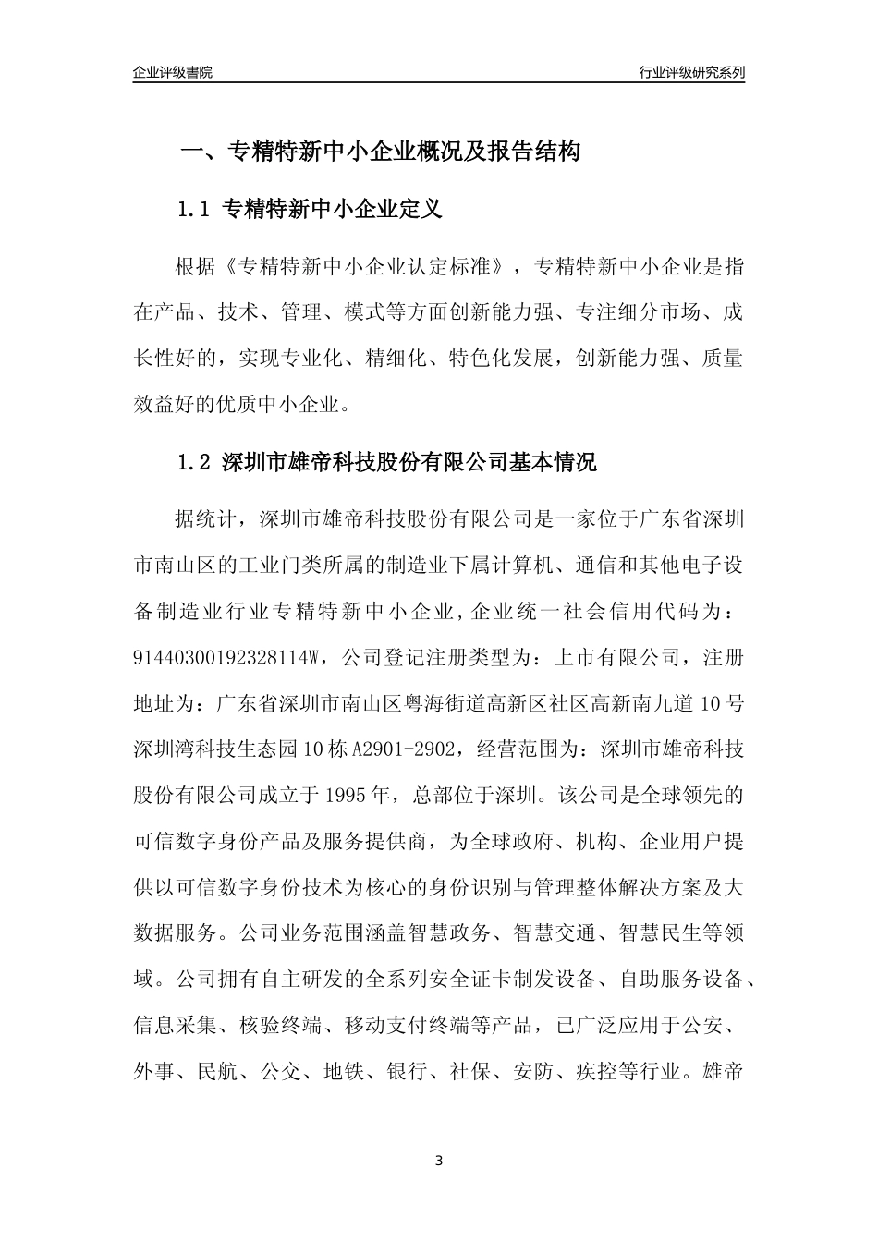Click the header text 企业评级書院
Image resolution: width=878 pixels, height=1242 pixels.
click(x=173, y=72)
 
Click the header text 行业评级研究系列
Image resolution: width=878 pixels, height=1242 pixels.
click(x=691, y=72)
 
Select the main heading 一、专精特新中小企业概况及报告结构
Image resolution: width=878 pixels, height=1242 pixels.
click(x=379, y=152)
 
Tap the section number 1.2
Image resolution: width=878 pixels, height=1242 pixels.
click(x=195, y=462)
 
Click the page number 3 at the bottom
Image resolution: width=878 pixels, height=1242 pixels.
click(x=439, y=1160)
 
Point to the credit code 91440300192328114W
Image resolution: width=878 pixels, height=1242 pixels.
click(x=226, y=658)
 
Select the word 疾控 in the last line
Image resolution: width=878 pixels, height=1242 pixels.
click(x=596, y=1072)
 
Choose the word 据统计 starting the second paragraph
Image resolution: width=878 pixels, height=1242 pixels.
click(x=206, y=519)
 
